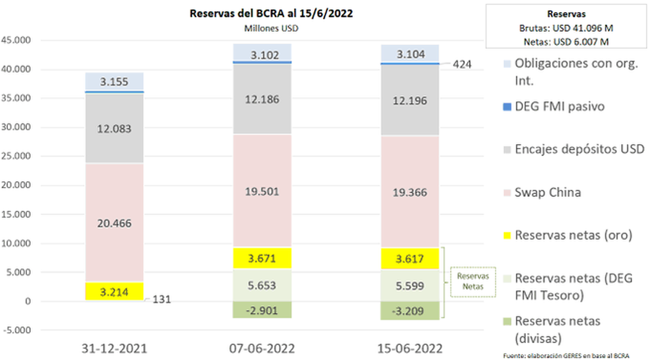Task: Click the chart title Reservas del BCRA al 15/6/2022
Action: click(271, 14)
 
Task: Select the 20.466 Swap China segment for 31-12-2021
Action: click(114, 222)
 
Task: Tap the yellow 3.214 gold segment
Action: click(114, 292)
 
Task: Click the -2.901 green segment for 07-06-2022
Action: click(262, 310)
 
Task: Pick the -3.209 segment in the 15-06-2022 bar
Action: click(409, 311)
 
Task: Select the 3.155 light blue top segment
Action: click(114, 82)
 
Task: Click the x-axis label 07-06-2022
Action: click(262, 347)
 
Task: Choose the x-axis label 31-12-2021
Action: click(114, 347)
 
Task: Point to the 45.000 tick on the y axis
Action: click(16, 41)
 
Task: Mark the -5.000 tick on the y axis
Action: click(16, 330)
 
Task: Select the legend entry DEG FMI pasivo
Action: click(559, 107)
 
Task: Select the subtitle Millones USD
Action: click(271, 28)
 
